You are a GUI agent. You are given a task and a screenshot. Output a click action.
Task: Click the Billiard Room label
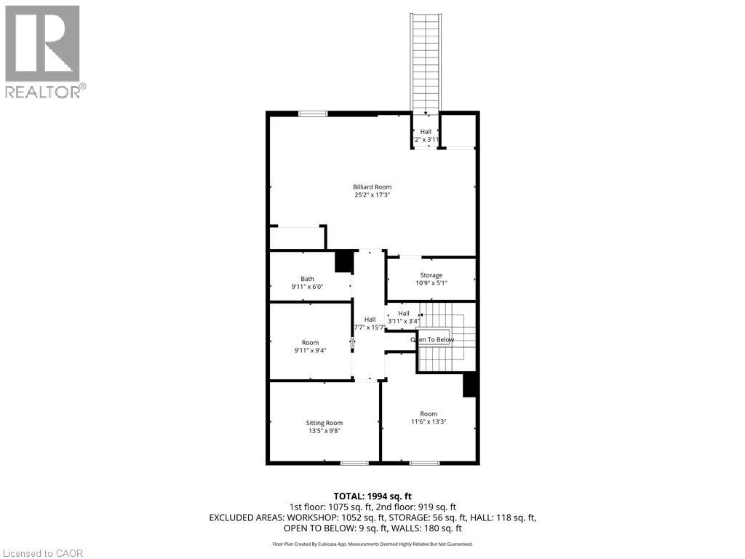[372, 187]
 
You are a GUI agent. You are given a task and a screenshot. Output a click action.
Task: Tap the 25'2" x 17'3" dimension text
[372, 195]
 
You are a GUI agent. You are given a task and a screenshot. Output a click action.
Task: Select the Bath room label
[308, 278]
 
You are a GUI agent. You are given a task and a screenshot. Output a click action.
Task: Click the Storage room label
[431, 275]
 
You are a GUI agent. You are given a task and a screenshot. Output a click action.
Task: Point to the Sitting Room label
[324, 423]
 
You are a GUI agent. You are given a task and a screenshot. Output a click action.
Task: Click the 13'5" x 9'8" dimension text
[324, 431]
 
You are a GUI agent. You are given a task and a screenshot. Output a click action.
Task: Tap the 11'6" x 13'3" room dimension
[429, 421]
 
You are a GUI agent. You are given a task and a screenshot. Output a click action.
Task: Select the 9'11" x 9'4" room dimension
[310, 351]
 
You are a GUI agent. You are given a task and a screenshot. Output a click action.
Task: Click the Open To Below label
[432, 340]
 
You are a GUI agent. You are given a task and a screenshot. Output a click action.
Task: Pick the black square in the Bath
[343, 261]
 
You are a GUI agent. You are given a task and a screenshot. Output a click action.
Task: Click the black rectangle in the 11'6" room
[469, 384]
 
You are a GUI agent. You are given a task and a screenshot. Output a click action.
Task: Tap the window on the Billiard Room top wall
[312, 113]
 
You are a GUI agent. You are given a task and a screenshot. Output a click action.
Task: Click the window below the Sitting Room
[354, 463]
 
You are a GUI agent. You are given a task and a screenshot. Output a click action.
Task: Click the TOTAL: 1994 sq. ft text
[372, 496]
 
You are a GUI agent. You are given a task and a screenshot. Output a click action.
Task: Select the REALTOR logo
[43, 51]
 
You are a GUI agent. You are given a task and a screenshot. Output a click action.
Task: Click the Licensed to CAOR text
[42, 553]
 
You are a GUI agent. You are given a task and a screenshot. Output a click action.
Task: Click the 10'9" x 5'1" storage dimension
[431, 283]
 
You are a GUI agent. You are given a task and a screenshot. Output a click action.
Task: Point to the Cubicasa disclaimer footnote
[372, 544]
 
